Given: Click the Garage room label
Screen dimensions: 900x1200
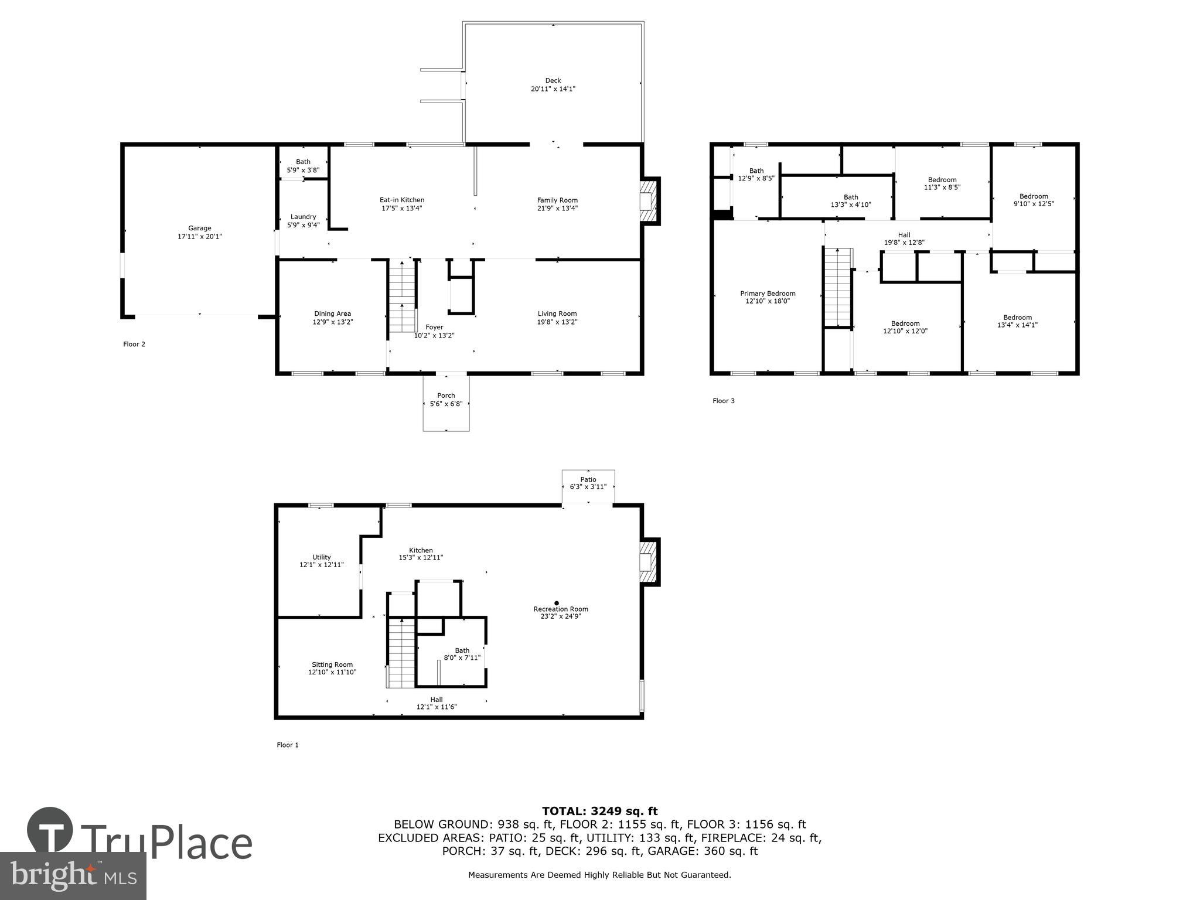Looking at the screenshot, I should [x=200, y=229].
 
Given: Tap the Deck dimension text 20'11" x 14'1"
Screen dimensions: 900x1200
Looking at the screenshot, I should [x=553, y=89].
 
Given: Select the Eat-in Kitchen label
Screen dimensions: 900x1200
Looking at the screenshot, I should [x=402, y=200].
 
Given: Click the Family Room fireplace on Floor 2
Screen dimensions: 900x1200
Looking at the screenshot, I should [x=648, y=201].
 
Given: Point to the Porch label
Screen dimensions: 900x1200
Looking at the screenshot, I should [x=446, y=396].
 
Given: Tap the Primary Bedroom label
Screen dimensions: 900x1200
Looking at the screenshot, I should [x=768, y=294].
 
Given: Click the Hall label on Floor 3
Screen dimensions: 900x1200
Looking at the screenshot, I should [x=904, y=235].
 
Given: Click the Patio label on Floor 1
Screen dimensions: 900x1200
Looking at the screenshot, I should [x=588, y=479].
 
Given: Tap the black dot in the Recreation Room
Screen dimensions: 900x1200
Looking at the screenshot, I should [x=557, y=603].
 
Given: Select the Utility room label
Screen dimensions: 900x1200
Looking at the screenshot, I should [x=321, y=557].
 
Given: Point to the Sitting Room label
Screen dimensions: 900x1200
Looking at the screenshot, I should [x=332, y=664].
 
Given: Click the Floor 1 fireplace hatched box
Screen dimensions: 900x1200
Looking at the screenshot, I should [x=648, y=562].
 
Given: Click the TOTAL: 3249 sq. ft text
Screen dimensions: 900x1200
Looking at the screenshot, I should [x=599, y=811].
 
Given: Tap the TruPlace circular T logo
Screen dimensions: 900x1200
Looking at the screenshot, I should [x=50, y=830].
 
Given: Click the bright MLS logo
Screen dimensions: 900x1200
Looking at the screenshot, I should [x=73, y=876].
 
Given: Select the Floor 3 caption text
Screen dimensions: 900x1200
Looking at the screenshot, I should [x=723, y=401].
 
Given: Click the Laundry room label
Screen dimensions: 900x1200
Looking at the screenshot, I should [x=303, y=217].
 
